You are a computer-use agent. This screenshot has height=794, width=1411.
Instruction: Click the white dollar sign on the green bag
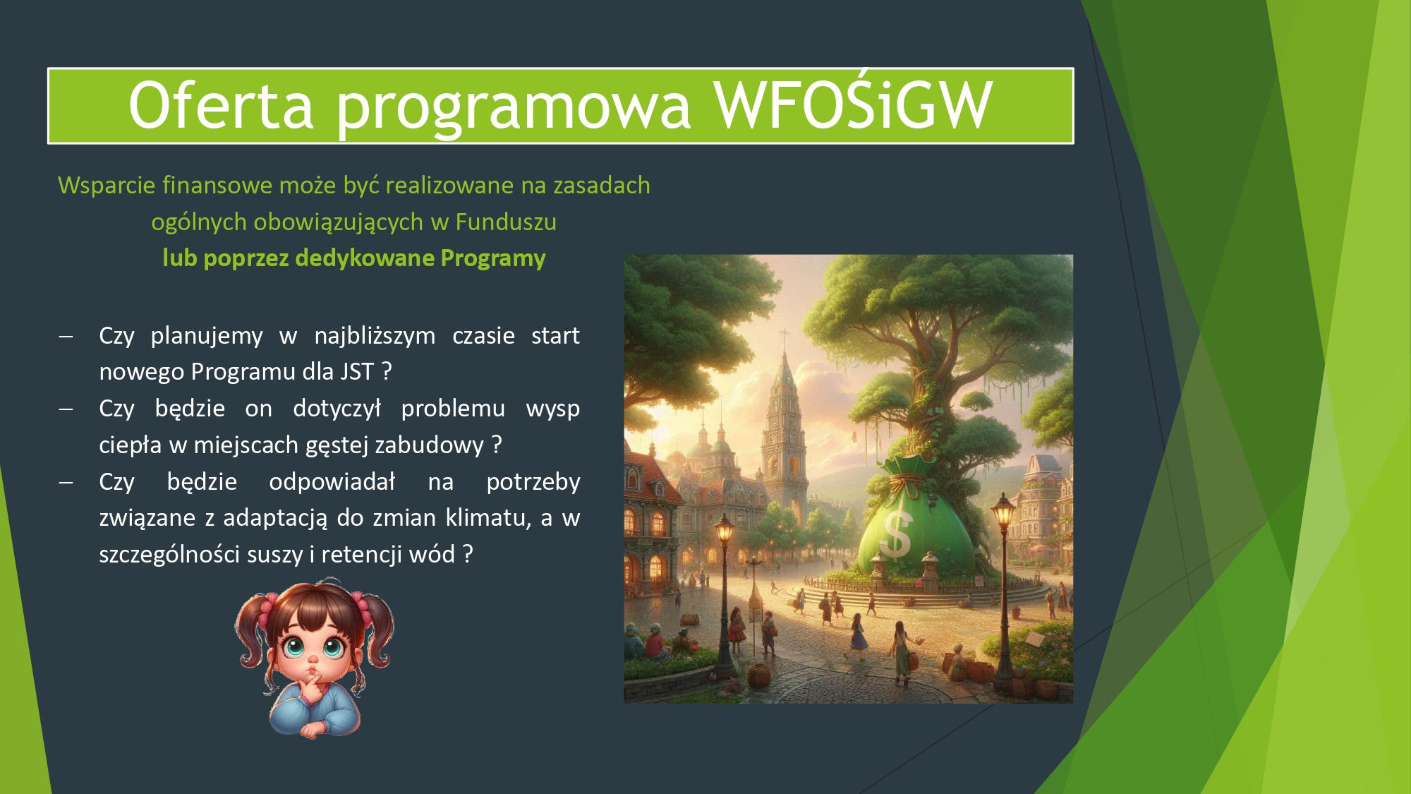(x=898, y=534)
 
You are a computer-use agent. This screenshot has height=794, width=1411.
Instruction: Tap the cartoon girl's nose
(x=313, y=660)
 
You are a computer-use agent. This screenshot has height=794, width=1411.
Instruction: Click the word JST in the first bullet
(x=357, y=371)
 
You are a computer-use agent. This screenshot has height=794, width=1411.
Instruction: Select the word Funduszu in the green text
(x=506, y=222)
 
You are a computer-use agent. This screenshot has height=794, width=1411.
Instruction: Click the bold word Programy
(x=493, y=259)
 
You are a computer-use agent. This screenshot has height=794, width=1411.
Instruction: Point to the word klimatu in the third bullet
(x=488, y=519)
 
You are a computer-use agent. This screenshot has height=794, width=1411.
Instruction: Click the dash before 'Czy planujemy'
(x=66, y=337)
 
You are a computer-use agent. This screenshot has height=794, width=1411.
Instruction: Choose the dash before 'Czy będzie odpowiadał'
(x=66, y=483)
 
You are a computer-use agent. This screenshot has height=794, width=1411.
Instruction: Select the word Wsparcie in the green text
(x=107, y=186)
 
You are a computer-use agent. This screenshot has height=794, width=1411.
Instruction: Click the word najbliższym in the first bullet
(x=375, y=337)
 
